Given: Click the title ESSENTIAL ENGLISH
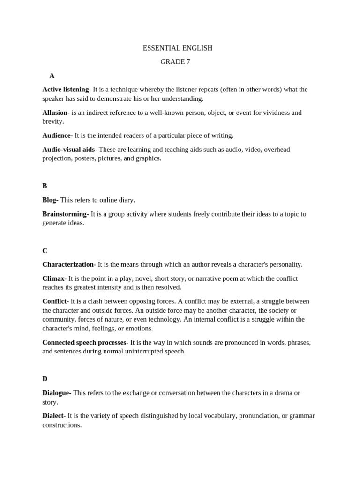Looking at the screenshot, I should coord(177,48).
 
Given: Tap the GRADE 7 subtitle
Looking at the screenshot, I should coord(175,62).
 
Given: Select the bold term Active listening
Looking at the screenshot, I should coord(65,90).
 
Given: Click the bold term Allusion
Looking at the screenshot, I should coord(55,112).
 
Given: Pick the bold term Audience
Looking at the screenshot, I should coord(56,135).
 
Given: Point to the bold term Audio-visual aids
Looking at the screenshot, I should coord(68,150).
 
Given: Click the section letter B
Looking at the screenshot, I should coord(45,186).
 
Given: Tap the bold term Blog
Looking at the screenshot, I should coord(49,200).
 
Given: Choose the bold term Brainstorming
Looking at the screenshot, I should coord(65,214).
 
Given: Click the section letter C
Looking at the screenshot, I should coord(45,251).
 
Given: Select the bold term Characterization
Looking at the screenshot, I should coord(68,264).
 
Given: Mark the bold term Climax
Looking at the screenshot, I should coord(53,278).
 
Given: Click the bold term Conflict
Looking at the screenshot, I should coord(54,301).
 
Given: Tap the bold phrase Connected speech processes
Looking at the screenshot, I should coord(84,343).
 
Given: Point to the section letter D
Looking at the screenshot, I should coord(45,379).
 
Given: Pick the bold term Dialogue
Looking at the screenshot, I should coord(56,393).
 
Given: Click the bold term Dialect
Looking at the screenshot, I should coord(52,416).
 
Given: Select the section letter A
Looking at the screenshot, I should coord(52,76).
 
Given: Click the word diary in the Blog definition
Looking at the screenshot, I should coord(126,200).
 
